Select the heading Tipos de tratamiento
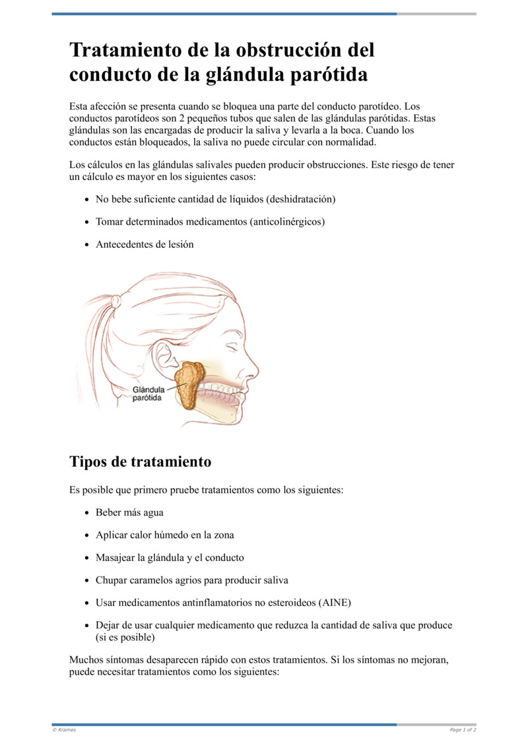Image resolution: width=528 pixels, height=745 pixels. point(140,462)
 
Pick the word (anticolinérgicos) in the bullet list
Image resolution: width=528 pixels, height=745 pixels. point(287,222)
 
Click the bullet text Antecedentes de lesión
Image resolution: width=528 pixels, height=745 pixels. point(145,244)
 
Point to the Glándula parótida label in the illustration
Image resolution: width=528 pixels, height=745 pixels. point(148,394)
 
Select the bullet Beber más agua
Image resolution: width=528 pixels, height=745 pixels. point(129,512)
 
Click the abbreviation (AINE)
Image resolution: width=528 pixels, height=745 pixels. point(335,603)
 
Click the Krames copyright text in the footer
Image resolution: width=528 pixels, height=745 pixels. point(64,730)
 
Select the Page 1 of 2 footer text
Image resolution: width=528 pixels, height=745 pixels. point(463,730)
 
